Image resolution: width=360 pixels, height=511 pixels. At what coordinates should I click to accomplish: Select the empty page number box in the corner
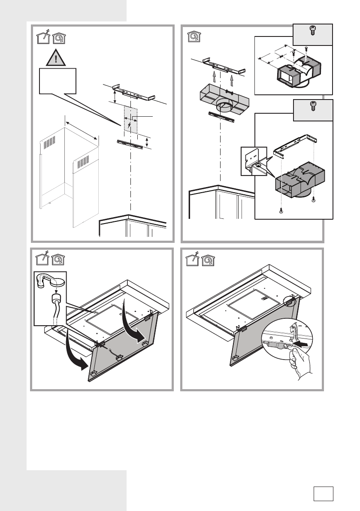pyautogui.click(x=324, y=493)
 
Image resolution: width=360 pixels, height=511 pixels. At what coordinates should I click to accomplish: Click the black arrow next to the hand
pyautogui.click(x=304, y=343)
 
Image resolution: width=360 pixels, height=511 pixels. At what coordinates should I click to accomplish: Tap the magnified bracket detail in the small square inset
pyautogui.click(x=254, y=161)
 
